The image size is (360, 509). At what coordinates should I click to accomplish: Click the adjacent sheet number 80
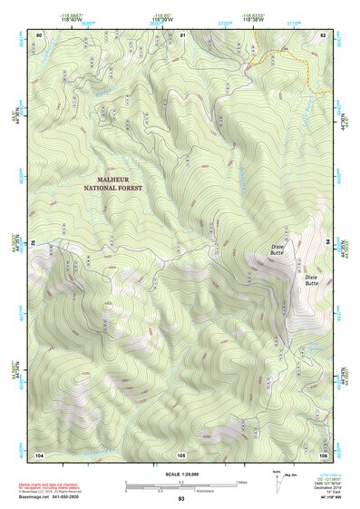coord(39,34)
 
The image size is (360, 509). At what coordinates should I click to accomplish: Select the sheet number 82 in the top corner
coord(323,34)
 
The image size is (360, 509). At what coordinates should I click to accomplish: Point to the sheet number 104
coord(39,454)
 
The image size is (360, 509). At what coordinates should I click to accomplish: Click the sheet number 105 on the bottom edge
coord(181,454)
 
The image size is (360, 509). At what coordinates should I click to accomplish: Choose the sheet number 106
coord(323,454)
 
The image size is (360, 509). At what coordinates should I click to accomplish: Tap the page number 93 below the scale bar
coord(181,498)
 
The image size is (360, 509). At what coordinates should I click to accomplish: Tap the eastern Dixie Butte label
coord(311,279)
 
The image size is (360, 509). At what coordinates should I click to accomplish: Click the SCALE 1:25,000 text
coord(180,472)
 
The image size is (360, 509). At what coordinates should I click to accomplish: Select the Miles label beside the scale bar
coord(242,482)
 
